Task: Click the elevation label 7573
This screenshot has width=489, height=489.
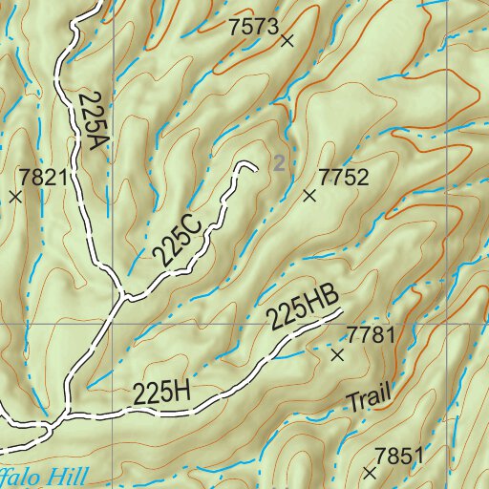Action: click(252, 28)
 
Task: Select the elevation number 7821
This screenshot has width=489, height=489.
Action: click(42, 178)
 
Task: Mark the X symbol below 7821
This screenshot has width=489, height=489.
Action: click(15, 197)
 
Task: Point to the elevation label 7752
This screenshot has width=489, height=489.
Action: click(343, 178)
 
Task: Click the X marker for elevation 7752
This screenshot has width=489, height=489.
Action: click(309, 196)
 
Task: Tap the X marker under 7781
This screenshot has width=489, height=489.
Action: click(336, 354)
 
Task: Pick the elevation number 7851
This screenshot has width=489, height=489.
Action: click(398, 456)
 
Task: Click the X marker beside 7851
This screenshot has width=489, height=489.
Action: click(371, 473)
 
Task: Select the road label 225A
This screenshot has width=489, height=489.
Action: click(90, 121)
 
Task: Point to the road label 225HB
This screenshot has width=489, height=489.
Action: click(303, 308)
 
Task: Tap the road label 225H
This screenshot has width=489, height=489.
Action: click(161, 393)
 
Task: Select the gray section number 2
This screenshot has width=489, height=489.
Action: click(278, 163)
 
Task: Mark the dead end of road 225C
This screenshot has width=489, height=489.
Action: click(256, 171)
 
